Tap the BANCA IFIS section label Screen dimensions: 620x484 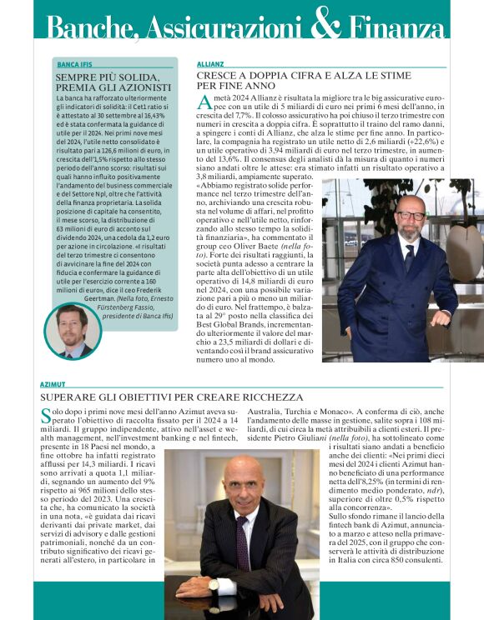click(x=75, y=64)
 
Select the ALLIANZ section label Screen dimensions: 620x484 click(x=209, y=63)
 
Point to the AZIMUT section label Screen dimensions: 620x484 click(x=53, y=384)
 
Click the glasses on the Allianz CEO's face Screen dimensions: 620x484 click(x=411, y=214)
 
